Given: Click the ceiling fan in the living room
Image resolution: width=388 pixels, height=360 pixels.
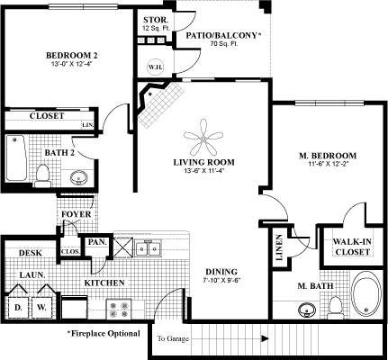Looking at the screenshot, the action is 203,139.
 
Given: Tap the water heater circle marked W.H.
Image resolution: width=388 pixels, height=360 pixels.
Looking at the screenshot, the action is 155,67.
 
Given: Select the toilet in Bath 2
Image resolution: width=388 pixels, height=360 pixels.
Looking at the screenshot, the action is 42,175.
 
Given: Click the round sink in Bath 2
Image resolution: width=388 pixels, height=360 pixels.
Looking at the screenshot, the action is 78,178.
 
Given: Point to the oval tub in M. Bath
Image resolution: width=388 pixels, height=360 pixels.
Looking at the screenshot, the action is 366,294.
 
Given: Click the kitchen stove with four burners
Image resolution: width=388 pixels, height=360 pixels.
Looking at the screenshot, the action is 119,310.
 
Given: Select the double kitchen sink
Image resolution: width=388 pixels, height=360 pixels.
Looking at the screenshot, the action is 148,248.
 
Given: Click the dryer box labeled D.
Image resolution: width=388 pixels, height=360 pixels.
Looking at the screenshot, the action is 18,308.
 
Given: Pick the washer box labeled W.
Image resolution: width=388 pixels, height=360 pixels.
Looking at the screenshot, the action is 42,308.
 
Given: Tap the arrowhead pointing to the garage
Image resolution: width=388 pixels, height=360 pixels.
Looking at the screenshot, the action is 265,338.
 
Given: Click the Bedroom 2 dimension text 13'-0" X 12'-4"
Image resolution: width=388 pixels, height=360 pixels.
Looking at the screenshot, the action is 71,64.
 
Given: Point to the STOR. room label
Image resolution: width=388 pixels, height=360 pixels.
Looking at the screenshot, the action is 155,20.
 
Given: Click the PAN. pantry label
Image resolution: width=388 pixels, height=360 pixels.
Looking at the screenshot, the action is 97,242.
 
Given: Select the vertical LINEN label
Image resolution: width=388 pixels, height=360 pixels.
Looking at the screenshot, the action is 279,247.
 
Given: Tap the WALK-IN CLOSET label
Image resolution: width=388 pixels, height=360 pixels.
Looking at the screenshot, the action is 352,247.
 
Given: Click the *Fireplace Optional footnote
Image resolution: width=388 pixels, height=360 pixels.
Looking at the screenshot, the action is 104,333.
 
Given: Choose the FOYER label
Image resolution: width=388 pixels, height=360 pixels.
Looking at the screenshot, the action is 77,214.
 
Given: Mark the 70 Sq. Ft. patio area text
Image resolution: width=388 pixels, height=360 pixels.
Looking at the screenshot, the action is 223,44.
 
